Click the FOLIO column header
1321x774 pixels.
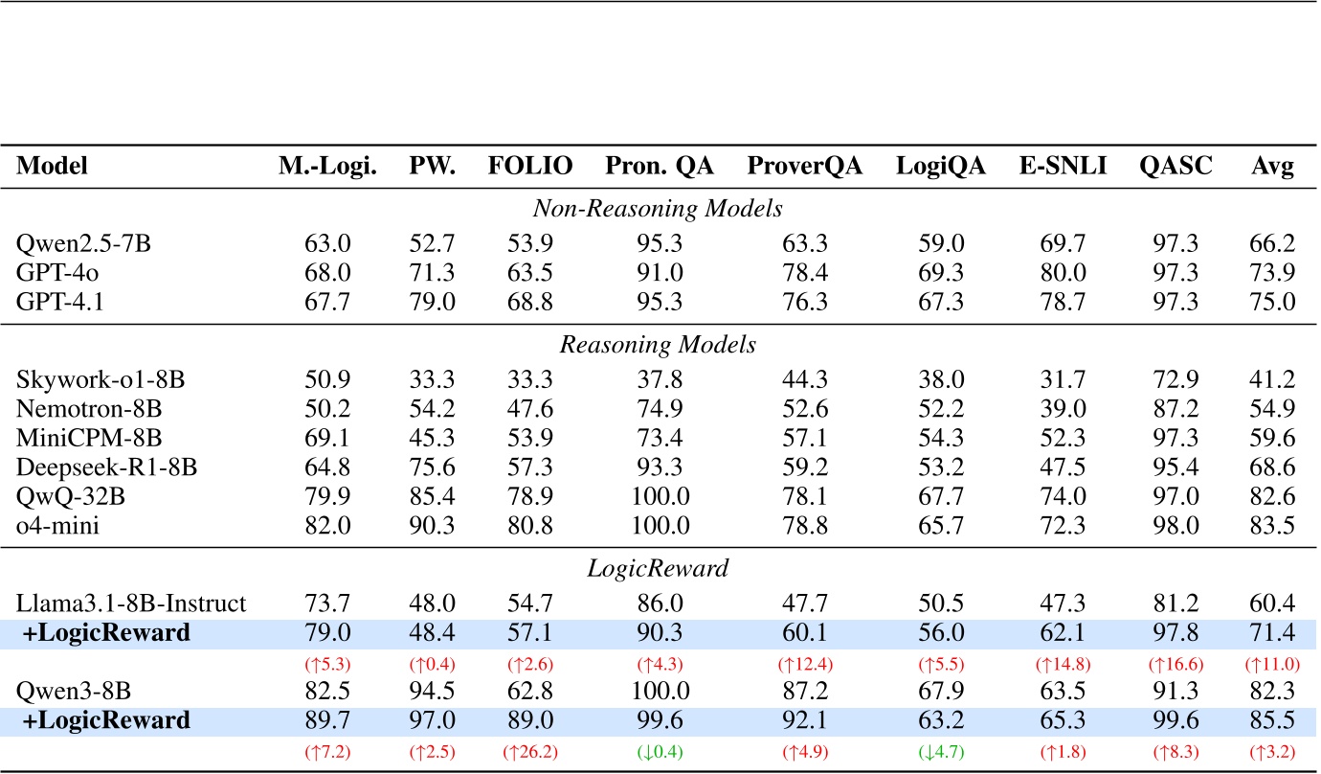click(x=531, y=167)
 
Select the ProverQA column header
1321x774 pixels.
click(x=804, y=167)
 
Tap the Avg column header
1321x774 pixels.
click(x=1273, y=167)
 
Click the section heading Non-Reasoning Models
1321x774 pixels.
click(x=659, y=209)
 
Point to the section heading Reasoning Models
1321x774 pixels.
click(x=659, y=345)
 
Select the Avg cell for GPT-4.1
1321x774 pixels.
click(x=1273, y=303)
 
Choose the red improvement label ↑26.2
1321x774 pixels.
click(x=531, y=751)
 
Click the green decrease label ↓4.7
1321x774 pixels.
click(x=927, y=751)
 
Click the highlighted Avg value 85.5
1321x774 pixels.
click(x=1273, y=721)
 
